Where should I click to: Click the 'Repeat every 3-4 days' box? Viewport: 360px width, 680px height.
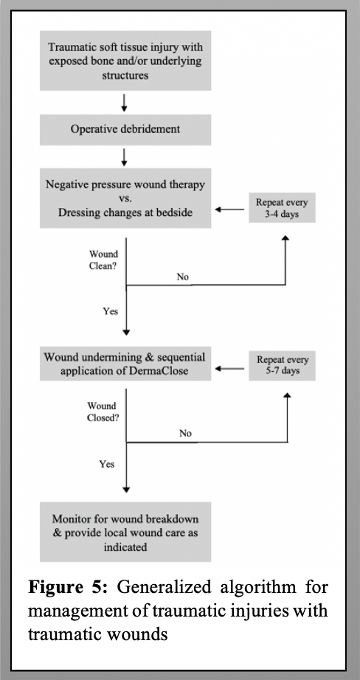click(282, 207)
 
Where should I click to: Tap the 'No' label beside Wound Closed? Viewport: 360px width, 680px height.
click(185, 434)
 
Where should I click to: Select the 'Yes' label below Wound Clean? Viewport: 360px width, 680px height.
click(110, 311)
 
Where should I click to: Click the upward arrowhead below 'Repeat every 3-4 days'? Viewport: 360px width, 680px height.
click(285, 237)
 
